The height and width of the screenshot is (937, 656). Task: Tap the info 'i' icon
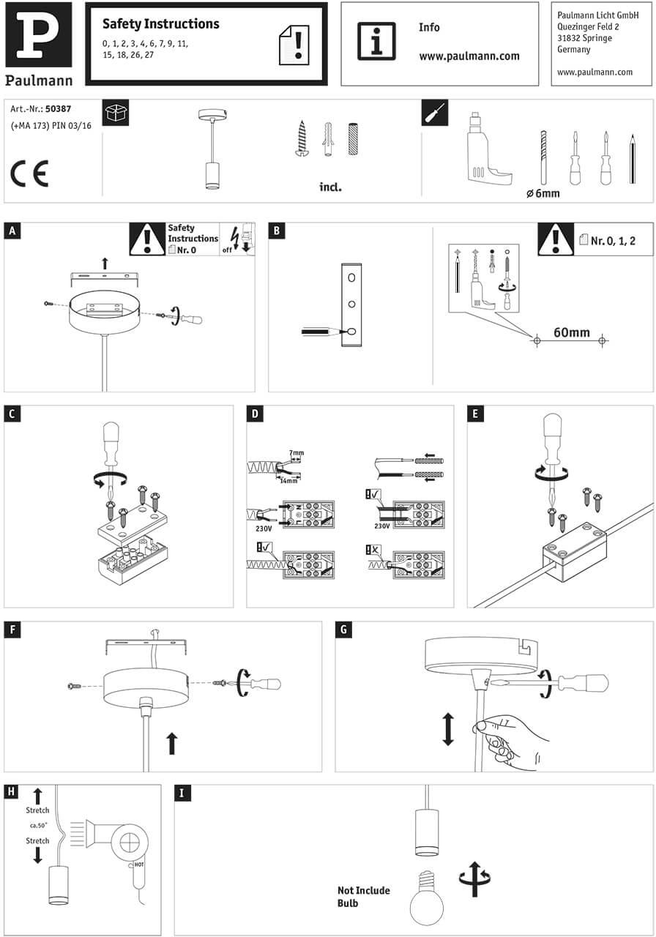[x=376, y=41]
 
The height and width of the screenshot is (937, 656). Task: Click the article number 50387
[x=58, y=109]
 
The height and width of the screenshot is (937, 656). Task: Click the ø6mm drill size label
[x=543, y=193]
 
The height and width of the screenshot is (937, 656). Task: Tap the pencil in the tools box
[x=631, y=160]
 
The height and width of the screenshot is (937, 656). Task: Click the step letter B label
[x=277, y=231]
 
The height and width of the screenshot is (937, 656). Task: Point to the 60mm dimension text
[x=571, y=332]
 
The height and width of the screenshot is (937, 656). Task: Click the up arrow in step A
[x=105, y=263]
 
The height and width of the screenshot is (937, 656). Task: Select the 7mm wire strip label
[x=296, y=454]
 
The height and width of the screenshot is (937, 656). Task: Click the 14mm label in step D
[x=288, y=480]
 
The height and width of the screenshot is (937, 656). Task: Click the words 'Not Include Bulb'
[x=363, y=897]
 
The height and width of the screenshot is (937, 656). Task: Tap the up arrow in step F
[x=172, y=743]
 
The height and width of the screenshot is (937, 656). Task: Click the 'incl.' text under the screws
[x=331, y=187]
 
